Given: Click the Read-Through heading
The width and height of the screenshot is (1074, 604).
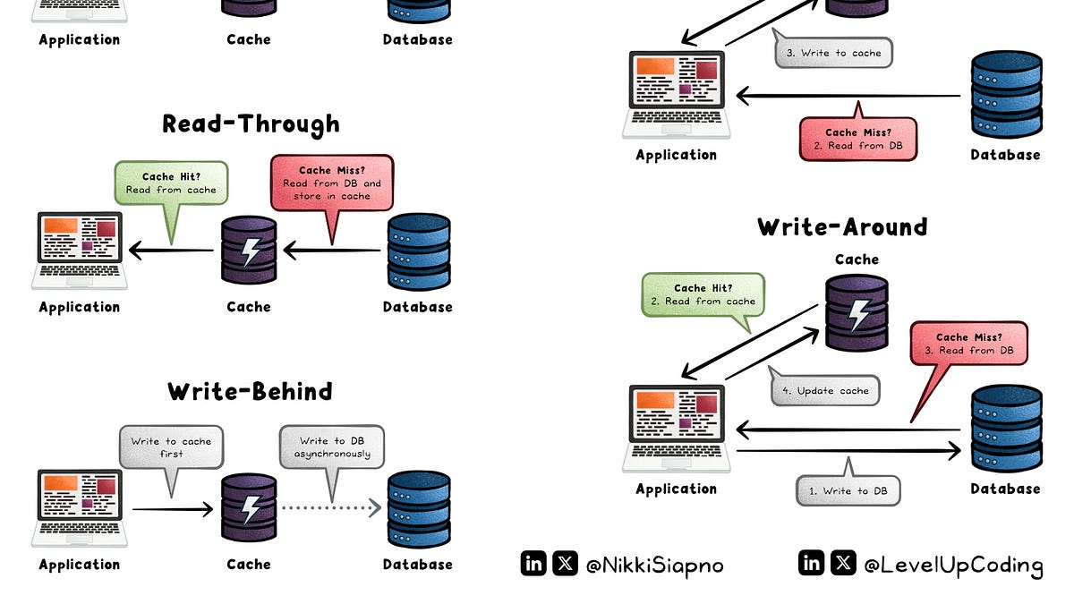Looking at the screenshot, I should tap(251, 123).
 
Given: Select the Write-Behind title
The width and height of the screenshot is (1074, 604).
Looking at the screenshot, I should tap(250, 391).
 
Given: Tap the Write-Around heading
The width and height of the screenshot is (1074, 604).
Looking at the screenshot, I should tap(841, 227).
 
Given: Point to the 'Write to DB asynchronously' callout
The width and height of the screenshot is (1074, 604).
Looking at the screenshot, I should tap(331, 447).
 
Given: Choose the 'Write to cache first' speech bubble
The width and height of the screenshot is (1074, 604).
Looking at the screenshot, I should tap(170, 447).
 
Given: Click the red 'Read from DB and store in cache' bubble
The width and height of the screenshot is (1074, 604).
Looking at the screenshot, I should tap(332, 183).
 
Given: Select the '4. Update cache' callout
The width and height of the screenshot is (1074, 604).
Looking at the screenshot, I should tap(825, 390).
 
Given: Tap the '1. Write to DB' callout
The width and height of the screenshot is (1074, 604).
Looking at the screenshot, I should tap(848, 490).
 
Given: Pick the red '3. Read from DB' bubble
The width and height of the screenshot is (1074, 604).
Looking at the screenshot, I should tap(969, 344).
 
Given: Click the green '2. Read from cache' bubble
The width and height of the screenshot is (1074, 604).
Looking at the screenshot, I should tap(703, 295).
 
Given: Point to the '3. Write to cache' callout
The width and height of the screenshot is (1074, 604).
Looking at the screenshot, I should tap(833, 53).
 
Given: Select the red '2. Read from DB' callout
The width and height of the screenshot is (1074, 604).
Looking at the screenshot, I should tap(857, 139).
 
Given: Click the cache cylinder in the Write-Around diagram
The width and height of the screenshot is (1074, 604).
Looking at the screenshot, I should tap(857, 312).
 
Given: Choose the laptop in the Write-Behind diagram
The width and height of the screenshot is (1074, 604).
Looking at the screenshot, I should tap(79, 506).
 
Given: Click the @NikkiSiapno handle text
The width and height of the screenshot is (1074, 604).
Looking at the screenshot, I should tap(654, 565).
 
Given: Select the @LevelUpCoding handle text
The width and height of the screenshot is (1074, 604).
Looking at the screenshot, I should tap(951, 565).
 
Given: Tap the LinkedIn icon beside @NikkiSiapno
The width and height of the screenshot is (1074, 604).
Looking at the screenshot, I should tap(533, 563).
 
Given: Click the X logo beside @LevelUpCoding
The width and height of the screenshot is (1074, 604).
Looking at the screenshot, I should tap(842, 563).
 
